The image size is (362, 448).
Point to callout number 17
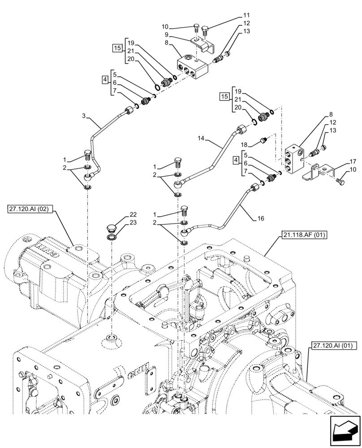(353, 162)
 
